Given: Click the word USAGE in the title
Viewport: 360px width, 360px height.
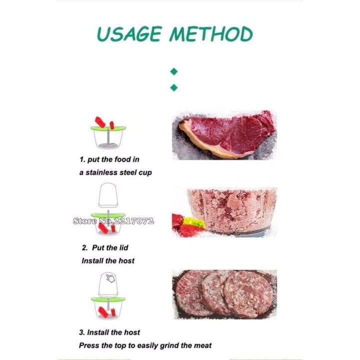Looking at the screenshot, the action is click(129, 34).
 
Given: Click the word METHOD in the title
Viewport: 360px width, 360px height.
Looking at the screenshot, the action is click(211, 34).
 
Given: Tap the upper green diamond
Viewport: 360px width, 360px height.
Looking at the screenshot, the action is click(174, 71).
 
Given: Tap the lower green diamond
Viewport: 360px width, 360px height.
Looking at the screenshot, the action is click(174, 87).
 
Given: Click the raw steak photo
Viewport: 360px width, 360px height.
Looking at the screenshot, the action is click(224, 135).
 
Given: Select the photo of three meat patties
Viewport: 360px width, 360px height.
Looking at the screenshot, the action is click(224, 294).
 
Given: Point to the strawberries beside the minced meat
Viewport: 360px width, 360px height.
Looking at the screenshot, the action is click(187, 225).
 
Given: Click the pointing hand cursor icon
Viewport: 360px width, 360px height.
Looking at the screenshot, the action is click(110, 278).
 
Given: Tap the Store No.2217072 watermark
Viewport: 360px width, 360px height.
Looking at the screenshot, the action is click(113, 221).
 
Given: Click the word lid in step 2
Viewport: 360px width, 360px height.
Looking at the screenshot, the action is click(123, 247).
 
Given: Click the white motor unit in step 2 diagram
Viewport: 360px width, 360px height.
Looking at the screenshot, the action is click(108, 195).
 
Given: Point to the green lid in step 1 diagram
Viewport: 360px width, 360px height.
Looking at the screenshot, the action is click(108, 128).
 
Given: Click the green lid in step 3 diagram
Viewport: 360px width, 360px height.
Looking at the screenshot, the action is click(108, 299).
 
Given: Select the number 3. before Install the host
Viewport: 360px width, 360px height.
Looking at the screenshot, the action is click(82, 332).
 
